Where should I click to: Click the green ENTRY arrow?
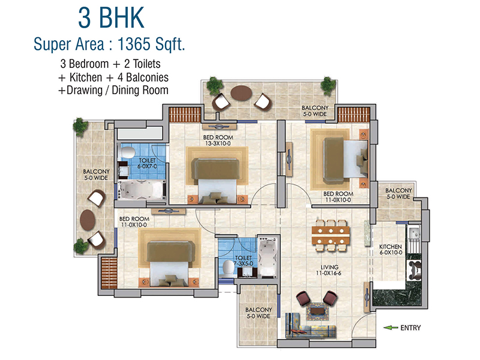click(x=391, y=328)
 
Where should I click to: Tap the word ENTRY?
click(x=410, y=328)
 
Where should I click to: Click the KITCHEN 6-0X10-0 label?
click(x=391, y=250)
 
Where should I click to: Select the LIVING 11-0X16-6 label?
click(x=329, y=270)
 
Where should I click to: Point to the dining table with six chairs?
click(x=331, y=235)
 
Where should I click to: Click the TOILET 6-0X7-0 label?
click(x=147, y=163)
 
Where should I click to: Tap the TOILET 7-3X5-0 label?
click(x=244, y=261)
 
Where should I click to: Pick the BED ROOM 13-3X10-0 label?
click(x=218, y=140)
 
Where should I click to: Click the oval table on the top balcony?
click(x=242, y=93)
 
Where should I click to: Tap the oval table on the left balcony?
click(x=88, y=219)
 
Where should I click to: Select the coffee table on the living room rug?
click(x=317, y=311)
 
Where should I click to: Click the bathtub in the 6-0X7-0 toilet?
click(x=142, y=190)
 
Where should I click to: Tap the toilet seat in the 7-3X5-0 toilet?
click(x=228, y=268)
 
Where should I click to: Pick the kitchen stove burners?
click(x=414, y=270)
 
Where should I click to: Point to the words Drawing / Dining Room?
click(x=117, y=91)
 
